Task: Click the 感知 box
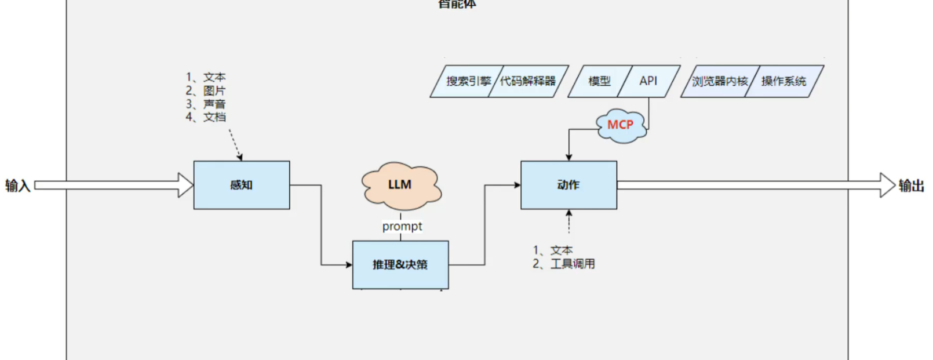241,185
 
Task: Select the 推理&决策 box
400,265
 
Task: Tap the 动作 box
568,185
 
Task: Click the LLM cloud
400,185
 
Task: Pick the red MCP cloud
621,125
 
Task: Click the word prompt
402,227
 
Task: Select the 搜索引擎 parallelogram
467,81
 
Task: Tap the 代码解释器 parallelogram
528,81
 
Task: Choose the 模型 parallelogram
599,81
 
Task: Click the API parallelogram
648,81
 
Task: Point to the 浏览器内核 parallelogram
719,81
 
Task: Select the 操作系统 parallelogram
783,81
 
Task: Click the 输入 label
17,186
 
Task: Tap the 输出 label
911,186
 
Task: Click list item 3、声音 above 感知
206,104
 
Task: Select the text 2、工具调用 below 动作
564,264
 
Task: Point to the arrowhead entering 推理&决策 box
349,265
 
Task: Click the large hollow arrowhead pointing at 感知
186,185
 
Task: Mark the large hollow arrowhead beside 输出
887,185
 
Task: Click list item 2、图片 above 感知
206,91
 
